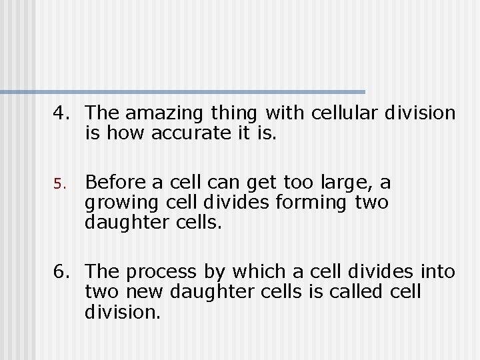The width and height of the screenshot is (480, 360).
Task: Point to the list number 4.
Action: tap(61, 113)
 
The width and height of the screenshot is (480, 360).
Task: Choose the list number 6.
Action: tap(61, 271)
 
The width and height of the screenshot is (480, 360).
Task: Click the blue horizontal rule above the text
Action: tap(183, 91)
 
